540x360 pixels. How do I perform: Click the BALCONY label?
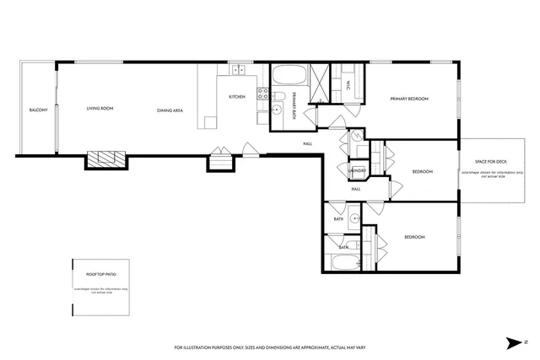coord(38,110)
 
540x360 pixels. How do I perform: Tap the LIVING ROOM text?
coord(100,108)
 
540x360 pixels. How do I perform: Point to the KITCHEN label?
coord(237,97)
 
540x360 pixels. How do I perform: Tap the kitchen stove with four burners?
coord(262,94)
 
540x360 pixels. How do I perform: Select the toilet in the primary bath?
coord(278,110)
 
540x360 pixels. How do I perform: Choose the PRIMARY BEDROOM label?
coord(409,99)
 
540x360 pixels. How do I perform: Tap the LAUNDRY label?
coord(356,170)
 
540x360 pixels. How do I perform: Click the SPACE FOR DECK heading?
coord(490,161)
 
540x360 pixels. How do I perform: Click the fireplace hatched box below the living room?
coord(106,159)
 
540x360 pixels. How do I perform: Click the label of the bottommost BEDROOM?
coord(414,237)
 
